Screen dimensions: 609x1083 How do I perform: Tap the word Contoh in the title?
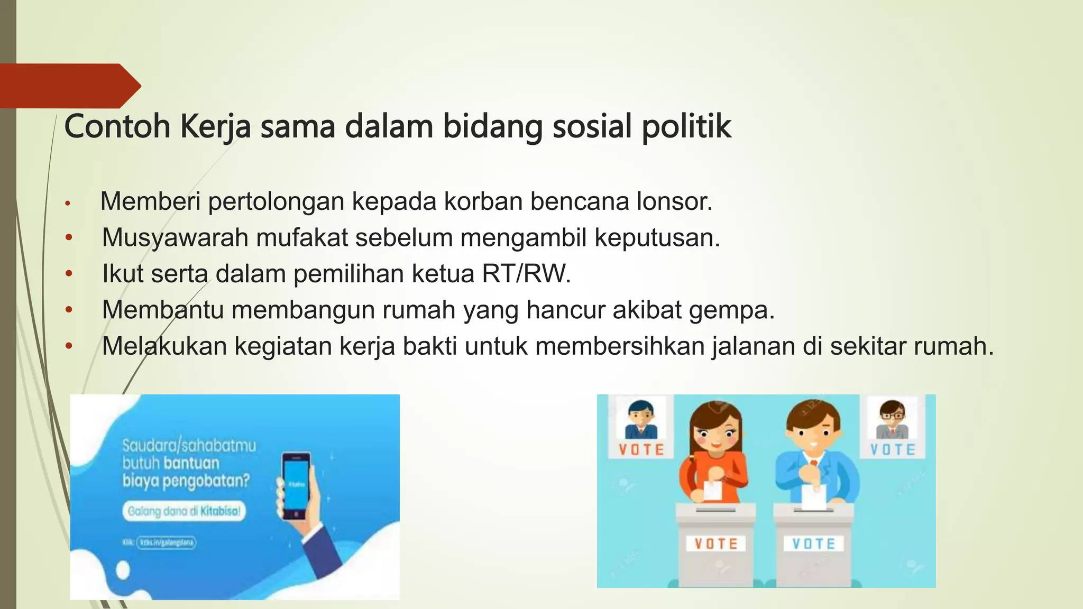(117, 127)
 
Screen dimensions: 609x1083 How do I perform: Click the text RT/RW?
(526, 274)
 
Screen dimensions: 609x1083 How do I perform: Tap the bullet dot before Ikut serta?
(68, 274)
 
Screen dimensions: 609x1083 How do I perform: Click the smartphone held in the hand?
(296, 485)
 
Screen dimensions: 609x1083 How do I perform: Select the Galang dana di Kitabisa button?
(184, 511)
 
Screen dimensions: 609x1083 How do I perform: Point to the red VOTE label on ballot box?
(716, 543)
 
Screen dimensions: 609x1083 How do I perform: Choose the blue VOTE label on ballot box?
(813, 543)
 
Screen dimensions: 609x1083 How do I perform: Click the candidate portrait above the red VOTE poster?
(641, 420)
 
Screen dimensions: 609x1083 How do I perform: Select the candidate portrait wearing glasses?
(893, 420)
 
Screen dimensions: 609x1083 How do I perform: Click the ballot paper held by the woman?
(713, 490)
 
